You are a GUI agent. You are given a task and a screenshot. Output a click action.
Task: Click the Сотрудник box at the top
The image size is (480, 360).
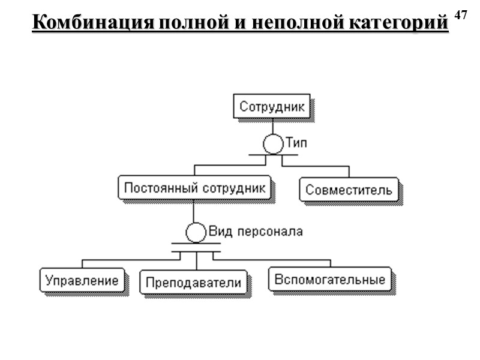click(272, 107)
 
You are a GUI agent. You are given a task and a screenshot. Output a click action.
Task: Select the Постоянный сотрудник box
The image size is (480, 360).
click(194, 188)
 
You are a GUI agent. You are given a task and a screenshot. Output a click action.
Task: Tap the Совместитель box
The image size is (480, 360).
click(349, 190)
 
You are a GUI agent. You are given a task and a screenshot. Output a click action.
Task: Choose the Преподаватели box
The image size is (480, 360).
click(193, 282)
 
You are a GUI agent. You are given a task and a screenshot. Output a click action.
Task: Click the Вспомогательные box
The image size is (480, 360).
click(329, 280)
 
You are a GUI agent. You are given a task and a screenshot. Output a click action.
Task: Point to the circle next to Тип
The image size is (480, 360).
click(272, 144)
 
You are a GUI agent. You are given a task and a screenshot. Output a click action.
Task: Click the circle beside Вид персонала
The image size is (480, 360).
click(195, 232)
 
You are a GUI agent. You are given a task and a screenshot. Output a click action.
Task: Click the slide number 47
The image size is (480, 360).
click(460, 14)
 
